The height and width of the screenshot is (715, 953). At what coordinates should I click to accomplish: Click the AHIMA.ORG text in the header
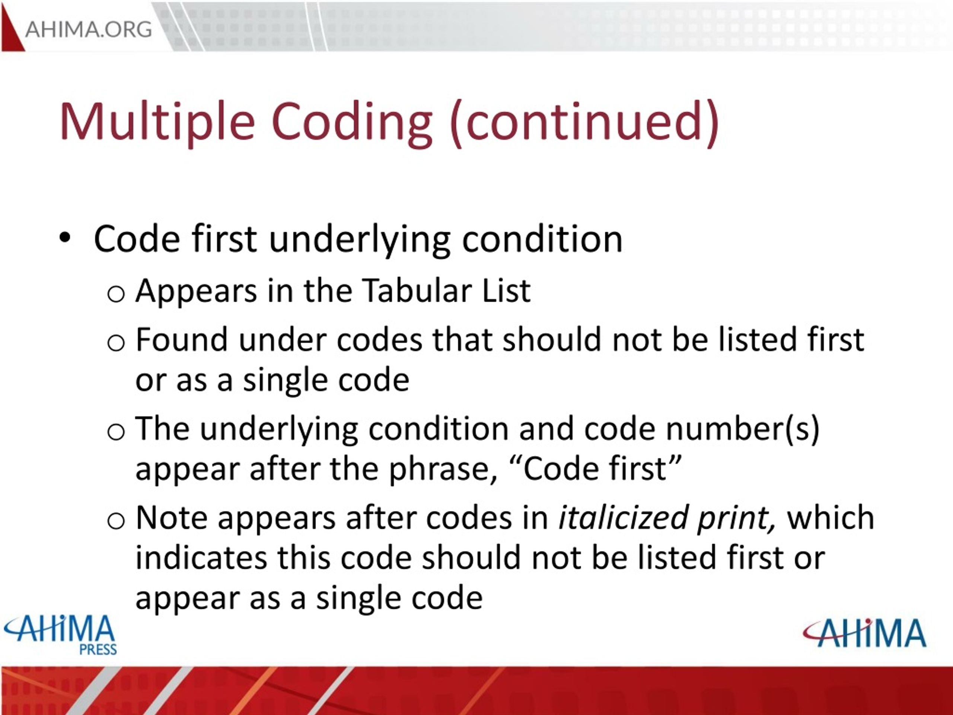coord(88,30)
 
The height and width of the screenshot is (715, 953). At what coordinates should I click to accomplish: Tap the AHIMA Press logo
coord(60,635)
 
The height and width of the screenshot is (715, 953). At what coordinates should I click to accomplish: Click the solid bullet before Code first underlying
coord(65,238)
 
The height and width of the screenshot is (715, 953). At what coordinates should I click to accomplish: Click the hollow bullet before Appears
coord(116,294)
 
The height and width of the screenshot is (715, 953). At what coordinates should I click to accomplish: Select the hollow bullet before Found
coord(116,343)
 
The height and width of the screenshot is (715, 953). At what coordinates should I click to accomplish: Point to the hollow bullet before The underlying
coord(116,432)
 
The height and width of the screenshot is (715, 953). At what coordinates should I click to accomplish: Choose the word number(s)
coord(742,429)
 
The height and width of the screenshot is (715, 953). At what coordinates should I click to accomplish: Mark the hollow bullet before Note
coord(116,521)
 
